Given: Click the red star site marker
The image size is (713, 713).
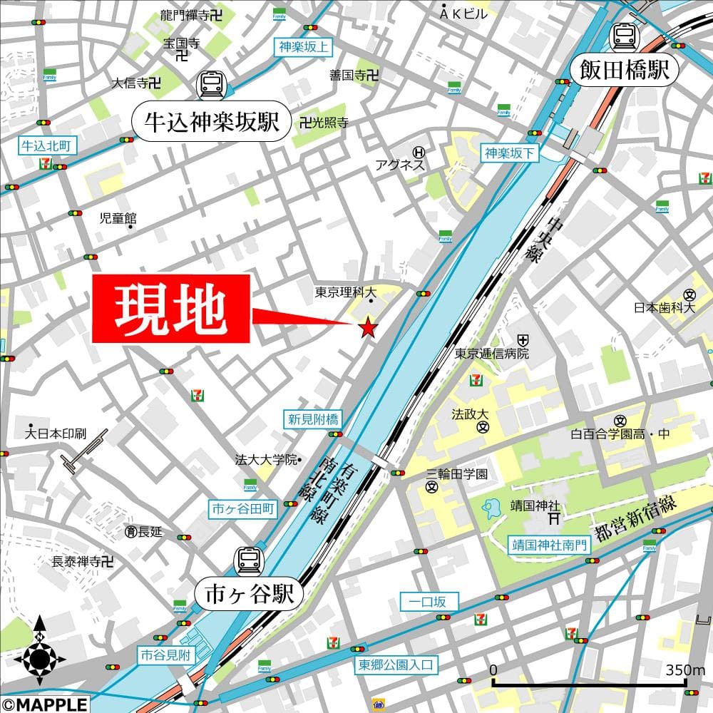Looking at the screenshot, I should tap(368, 327).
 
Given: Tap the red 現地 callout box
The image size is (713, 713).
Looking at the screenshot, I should tap(171, 308).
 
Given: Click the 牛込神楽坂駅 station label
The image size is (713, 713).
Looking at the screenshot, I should tap(212, 123).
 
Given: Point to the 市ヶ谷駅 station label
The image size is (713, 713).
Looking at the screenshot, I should tap(249, 593).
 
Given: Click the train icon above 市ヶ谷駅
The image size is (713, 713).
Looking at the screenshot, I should tap(249, 558).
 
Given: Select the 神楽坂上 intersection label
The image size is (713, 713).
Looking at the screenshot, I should tap(304, 48).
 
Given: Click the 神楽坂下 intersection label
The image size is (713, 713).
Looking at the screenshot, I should tap(510, 152).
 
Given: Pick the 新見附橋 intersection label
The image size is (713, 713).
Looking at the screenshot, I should tap(313, 419).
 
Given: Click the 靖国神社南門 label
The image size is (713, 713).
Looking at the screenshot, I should tap(550, 545).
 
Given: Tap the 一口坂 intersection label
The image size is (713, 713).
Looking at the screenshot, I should tap(429, 602).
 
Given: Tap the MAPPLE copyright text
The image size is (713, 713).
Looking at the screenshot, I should tap(44, 704).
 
